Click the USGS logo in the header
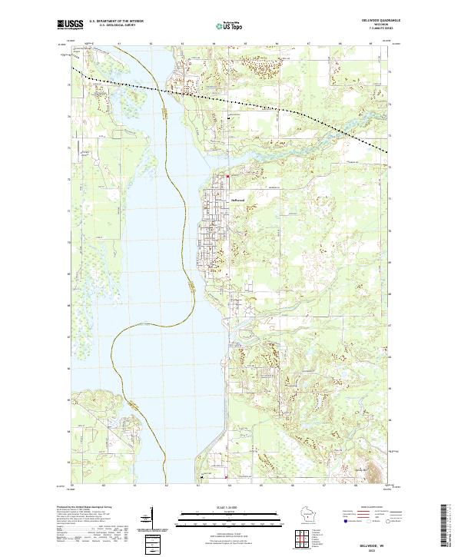coord(69,25)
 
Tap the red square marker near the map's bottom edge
coord(228,476)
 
